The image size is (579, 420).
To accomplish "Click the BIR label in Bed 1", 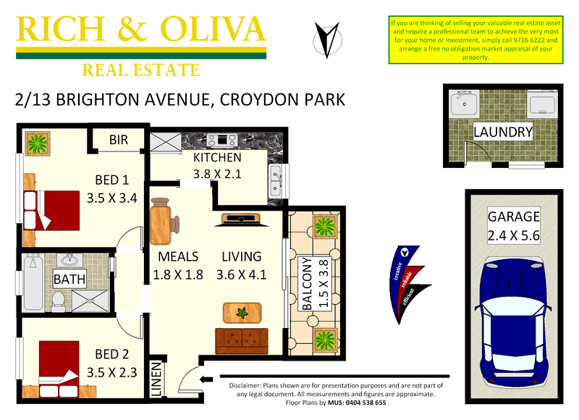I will click(118, 140).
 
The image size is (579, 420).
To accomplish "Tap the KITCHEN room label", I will click(217, 158).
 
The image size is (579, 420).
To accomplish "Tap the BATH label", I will click(70, 279).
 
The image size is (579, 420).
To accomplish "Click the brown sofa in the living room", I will click(241, 340).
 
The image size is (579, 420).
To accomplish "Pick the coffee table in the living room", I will click(241, 314).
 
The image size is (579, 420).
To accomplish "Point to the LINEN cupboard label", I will click(157, 378).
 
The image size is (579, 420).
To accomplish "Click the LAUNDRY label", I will click(503, 132).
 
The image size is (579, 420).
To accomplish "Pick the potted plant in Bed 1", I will click(37, 144).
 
